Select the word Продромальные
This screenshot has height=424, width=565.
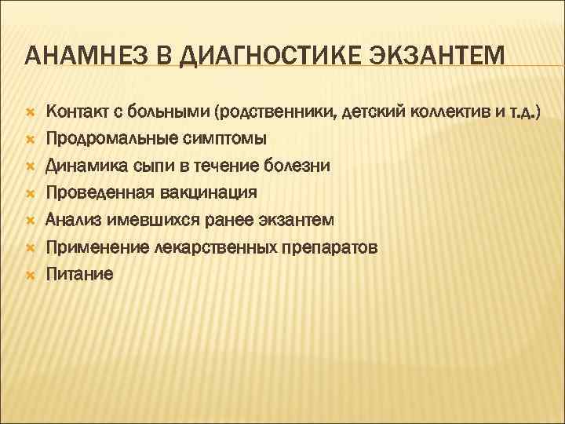point(103,138)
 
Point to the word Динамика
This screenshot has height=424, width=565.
point(80,166)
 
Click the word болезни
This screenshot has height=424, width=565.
point(298,166)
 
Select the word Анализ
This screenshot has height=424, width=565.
point(71,220)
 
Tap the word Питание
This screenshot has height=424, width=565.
point(79,274)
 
